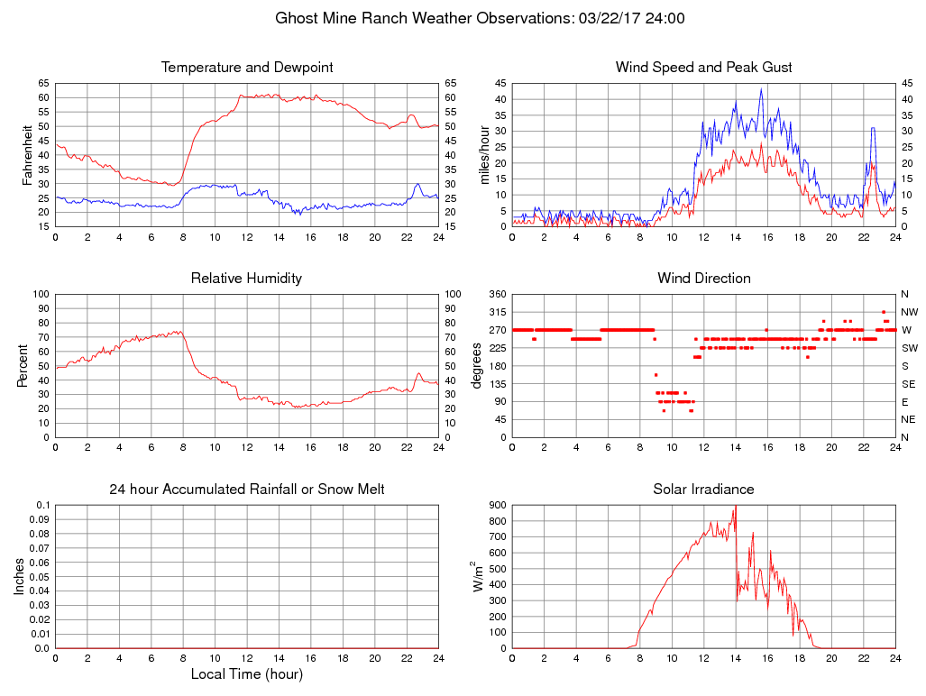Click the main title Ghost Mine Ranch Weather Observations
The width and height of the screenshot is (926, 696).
pyautogui.click(x=479, y=18)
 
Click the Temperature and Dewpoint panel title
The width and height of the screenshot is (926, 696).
pyautogui.click(x=246, y=68)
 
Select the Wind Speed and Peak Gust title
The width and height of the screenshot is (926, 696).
pyautogui.click(x=703, y=68)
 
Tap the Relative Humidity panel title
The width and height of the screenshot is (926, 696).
pyautogui.click(x=246, y=279)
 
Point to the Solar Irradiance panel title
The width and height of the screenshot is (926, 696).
pyautogui.click(x=703, y=490)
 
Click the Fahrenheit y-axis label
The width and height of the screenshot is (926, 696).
pyautogui.click(x=28, y=154)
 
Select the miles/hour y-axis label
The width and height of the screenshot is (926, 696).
pyautogui.click(x=485, y=154)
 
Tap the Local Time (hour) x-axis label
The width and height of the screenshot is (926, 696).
pyautogui.click(x=246, y=674)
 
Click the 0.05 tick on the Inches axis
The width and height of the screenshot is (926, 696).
pyautogui.click(x=39, y=576)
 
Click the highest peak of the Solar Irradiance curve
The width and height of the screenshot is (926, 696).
pyautogui.click(x=736, y=506)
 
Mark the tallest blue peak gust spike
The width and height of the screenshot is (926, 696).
pyautogui.click(x=761, y=88)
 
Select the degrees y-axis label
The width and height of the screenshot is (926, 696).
pyautogui.click(x=476, y=365)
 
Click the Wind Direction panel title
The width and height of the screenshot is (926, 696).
pyautogui.click(x=703, y=279)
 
